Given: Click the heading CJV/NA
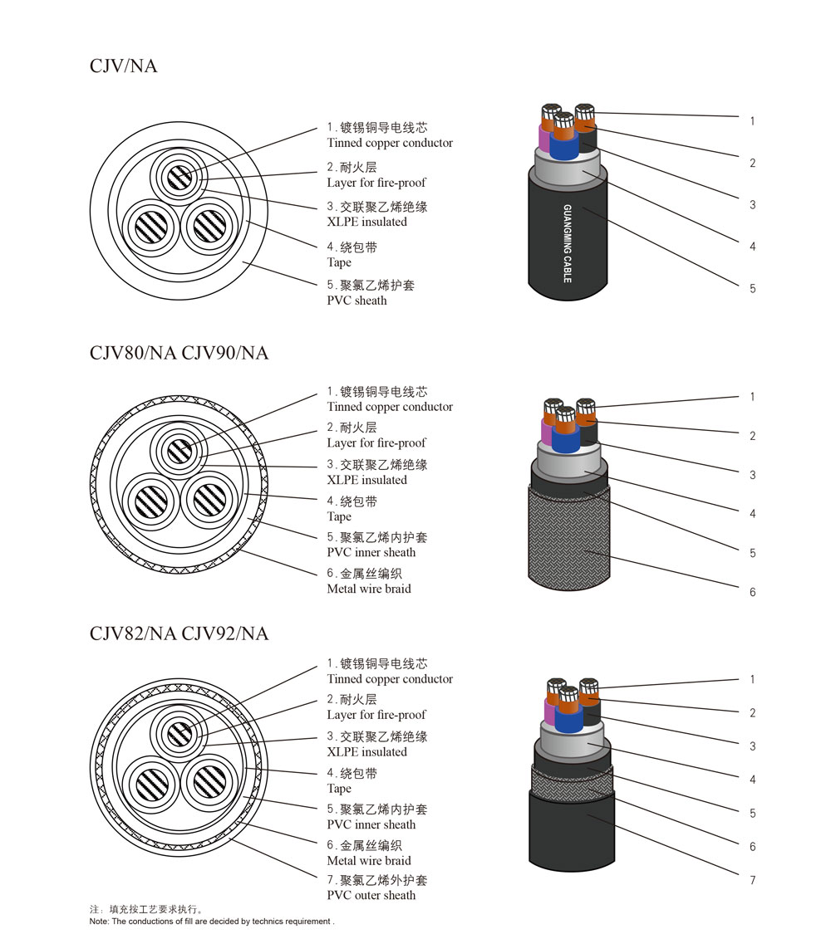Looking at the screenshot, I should (x=123, y=66).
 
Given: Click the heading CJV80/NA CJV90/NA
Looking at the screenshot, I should (x=179, y=353).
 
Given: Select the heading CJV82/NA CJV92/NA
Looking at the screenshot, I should (x=179, y=633).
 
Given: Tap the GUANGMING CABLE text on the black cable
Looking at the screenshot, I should (x=568, y=243).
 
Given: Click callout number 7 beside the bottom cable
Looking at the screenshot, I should (x=752, y=880).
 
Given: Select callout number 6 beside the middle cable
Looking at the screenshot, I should (x=752, y=592).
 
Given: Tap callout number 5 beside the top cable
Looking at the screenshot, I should (x=752, y=289).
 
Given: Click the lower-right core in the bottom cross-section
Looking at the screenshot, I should (x=208, y=781).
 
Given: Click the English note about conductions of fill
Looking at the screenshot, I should (x=212, y=922).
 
